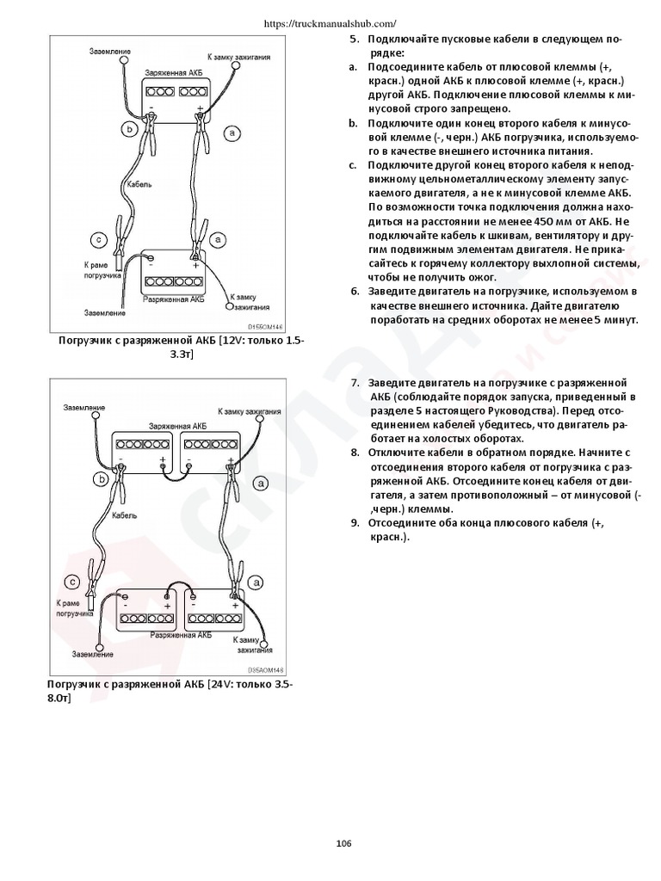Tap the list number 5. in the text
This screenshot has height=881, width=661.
pos(353,40)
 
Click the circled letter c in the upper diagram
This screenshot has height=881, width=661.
pos(98,239)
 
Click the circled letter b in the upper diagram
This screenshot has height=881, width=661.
pos(129,130)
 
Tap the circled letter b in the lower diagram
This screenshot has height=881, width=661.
pos(103,480)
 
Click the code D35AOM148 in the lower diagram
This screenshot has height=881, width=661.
pos(266,669)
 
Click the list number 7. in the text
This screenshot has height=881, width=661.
pos(354,382)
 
